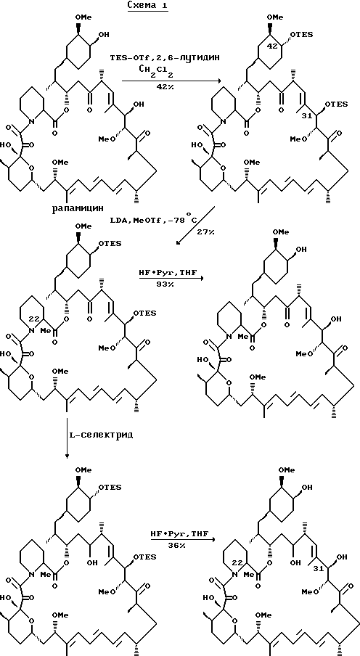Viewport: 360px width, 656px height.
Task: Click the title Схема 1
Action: (148, 7)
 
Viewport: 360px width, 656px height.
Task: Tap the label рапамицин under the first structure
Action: (78, 209)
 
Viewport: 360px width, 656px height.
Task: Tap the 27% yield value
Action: (205, 231)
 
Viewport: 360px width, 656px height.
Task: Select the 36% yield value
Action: (181, 546)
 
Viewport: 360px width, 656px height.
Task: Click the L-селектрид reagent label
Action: (101, 435)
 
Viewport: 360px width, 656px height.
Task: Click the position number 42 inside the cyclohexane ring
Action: (272, 46)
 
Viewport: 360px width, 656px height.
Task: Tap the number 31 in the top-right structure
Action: (306, 116)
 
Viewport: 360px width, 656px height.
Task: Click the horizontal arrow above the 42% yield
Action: (170, 81)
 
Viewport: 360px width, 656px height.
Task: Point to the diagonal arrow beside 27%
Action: (196, 226)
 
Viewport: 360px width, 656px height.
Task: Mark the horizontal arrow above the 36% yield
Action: (184, 540)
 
